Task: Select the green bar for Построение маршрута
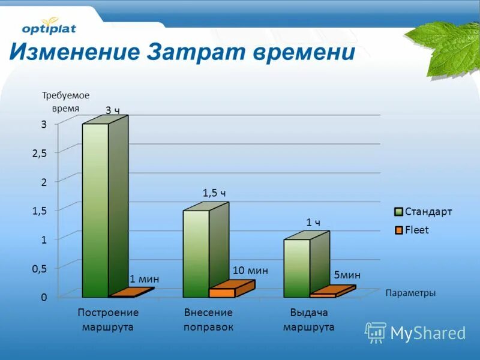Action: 95,210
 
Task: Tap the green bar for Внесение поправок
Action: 196,253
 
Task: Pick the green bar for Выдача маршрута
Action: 297,268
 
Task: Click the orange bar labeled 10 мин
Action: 223,292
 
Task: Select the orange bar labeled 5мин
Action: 324,295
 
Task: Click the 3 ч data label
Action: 113,110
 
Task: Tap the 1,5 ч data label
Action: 214,193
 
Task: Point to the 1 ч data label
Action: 313,223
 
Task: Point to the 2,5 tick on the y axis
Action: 39,153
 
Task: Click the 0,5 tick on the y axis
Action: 39,269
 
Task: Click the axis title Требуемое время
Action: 65,101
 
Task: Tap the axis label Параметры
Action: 410,293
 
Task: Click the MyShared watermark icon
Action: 376,332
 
